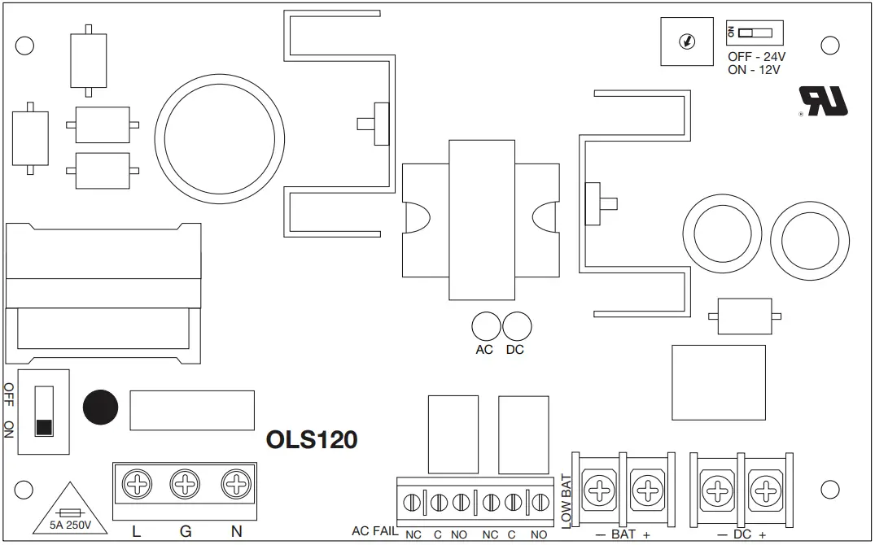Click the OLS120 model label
312,440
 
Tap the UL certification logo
823,102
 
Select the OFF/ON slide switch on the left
44,412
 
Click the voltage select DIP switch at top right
755,33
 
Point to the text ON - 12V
755,70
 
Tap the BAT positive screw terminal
647,490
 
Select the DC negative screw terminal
717,490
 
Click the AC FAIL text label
374,531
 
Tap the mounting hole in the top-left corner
24,45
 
